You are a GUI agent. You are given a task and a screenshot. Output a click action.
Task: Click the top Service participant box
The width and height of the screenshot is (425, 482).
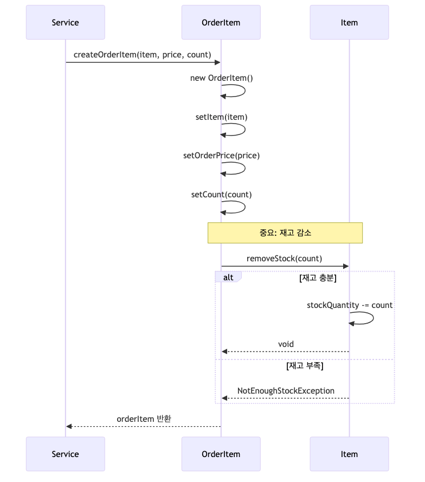[x=66, y=23]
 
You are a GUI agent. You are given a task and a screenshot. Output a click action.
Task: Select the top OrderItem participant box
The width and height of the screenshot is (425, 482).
[x=221, y=23]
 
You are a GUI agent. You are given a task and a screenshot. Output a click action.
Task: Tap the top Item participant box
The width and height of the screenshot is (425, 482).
[x=349, y=23]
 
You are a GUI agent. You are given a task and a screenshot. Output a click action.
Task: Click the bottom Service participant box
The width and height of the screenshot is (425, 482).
[x=66, y=454]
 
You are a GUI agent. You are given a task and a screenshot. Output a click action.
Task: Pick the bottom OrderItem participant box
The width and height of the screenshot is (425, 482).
[x=221, y=454]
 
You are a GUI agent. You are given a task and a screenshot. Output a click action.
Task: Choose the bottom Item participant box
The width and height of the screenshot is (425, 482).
[x=349, y=454]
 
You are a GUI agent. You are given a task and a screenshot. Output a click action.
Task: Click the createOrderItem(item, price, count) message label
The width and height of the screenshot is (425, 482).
[x=143, y=54]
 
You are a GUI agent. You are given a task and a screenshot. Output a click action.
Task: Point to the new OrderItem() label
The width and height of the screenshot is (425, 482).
[x=221, y=78]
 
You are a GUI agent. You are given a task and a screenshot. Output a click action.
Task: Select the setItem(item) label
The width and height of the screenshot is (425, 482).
[x=221, y=117]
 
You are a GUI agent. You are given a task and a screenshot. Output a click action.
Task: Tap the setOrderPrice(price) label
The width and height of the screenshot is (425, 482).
[x=221, y=156]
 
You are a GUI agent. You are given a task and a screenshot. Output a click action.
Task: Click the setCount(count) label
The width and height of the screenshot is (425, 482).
[x=221, y=195]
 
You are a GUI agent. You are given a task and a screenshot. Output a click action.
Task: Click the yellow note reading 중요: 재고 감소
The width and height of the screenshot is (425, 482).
[x=285, y=233]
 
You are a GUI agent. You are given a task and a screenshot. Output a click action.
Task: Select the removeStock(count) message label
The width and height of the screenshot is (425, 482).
[x=284, y=259]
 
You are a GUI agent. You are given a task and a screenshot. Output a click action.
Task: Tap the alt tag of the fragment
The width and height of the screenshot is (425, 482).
[x=228, y=277]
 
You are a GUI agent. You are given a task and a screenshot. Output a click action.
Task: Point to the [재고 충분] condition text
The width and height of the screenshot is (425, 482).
[x=318, y=278]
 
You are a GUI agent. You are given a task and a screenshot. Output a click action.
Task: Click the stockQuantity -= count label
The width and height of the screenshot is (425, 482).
[x=350, y=305]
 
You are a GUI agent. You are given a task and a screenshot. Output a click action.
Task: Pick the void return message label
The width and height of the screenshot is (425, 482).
[x=286, y=344]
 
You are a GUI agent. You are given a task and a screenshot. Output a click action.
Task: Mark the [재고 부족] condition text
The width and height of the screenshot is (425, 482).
[x=305, y=366]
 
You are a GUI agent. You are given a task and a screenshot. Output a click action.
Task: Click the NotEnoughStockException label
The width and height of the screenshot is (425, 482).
[x=286, y=390]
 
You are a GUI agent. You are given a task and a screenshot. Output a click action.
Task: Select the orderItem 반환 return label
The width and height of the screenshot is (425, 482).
[x=144, y=419]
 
